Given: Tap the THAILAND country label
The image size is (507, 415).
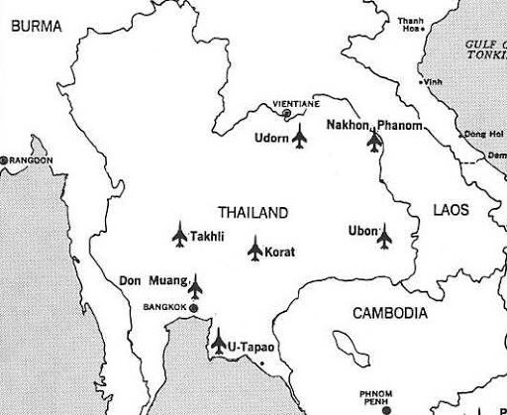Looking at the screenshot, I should coord(253,213).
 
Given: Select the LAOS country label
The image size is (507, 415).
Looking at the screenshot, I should coord(451,210).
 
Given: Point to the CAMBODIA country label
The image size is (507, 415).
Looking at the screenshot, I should coord(390,313).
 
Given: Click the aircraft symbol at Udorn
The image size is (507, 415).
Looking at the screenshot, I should coord(300,138).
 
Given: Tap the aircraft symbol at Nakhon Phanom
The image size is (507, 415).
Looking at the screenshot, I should coord(374,142).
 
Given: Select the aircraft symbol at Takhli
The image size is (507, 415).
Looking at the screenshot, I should coord(179,235).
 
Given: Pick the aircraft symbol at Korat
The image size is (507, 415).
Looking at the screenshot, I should coord(254,250).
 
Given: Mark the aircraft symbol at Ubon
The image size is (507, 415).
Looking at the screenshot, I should coord(385,237).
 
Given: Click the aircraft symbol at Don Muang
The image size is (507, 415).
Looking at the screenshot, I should coord(194,286).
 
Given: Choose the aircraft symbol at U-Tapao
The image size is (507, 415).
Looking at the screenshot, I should coord(218,344).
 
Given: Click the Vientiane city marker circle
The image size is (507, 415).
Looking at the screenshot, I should coord(287,114).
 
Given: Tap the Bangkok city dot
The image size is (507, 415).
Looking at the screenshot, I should coord(194,308).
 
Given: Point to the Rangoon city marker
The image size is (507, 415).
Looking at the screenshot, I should coord(4,159).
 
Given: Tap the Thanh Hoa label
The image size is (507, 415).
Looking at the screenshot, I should coord(410,24).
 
